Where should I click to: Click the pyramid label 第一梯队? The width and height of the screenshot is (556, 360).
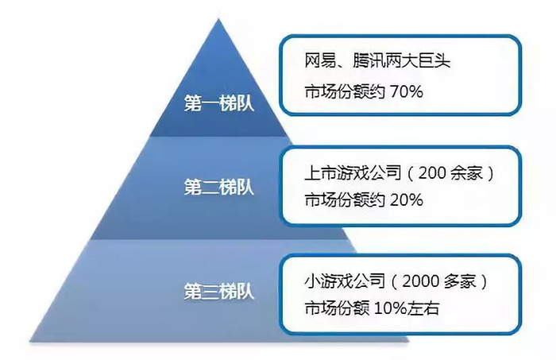(218, 103)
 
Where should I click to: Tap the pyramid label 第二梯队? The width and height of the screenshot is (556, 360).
(218, 187)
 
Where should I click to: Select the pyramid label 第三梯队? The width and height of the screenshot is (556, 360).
(218, 292)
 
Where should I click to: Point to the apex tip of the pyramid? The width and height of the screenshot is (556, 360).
(218, 19)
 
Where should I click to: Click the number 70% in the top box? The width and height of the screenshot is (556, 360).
(407, 92)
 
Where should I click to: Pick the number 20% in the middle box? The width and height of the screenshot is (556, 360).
(407, 200)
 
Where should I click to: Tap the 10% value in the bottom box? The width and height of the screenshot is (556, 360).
(390, 308)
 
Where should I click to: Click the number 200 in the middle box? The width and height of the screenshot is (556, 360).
(432, 173)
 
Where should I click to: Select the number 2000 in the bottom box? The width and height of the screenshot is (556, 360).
(420, 281)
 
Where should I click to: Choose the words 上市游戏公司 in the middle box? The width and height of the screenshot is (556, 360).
(353, 173)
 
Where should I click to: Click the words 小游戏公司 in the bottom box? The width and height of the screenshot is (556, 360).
(345, 281)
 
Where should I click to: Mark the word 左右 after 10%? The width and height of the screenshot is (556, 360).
(423, 308)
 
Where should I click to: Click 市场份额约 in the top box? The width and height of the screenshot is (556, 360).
(345, 92)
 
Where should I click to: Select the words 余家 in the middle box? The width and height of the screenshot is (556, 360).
(467, 173)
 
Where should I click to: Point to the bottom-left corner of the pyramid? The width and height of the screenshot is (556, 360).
(30, 341)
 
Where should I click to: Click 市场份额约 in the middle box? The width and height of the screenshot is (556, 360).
(345, 200)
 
